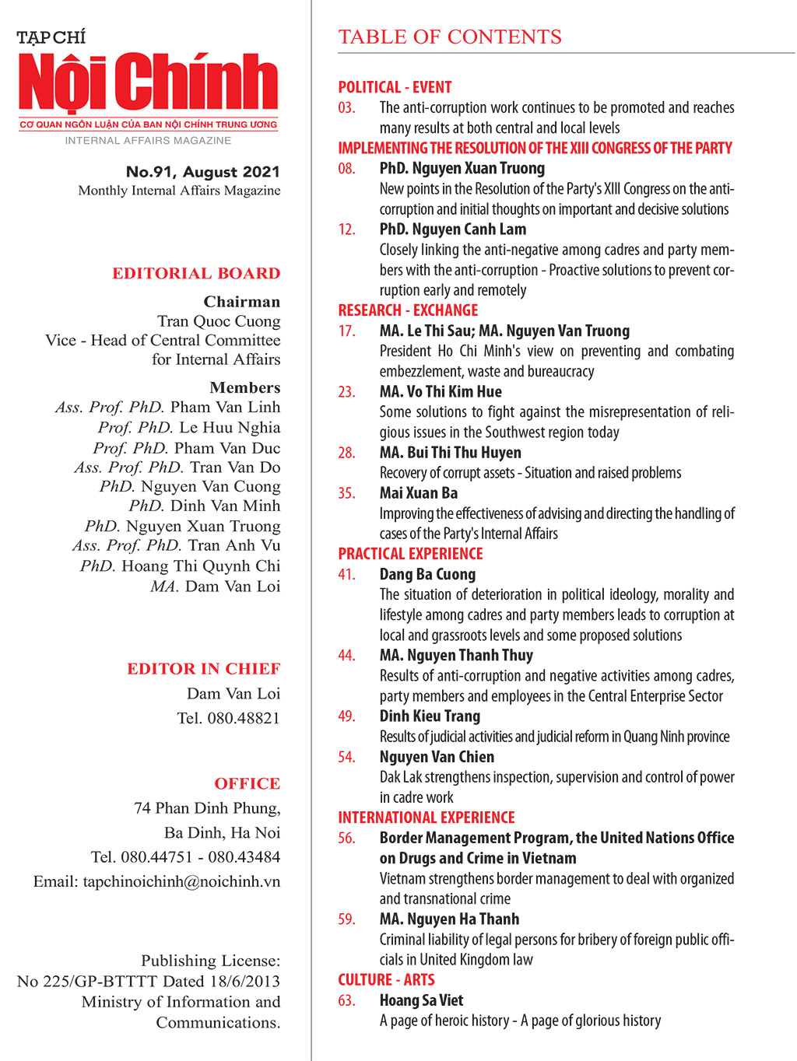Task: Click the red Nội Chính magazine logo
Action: click(x=148, y=82)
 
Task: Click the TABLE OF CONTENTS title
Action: click(x=450, y=37)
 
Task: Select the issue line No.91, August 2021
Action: click(x=202, y=172)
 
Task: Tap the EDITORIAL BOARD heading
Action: click(x=196, y=273)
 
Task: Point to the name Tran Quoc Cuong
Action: click(x=219, y=321)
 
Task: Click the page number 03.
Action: click(x=346, y=107)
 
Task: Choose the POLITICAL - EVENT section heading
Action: click(x=395, y=87)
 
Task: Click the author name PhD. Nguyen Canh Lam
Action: click(x=452, y=229)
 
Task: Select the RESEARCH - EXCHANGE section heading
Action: click(x=408, y=310)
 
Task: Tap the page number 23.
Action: click(x=346, y=392)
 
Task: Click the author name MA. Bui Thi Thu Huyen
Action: click(x=450, y=453)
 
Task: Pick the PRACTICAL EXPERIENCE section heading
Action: click(x=410, y=554)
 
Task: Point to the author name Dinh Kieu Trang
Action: click(x=430, y=716)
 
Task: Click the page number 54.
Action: click(x=346, y=757)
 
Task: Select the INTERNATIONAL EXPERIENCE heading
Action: click(x=426, y=818)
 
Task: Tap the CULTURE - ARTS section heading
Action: click(x=386, y=980)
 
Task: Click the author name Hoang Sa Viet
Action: click(x=421, y=1000)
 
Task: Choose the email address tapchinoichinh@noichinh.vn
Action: click(x=181, y=881)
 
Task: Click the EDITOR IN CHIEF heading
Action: click(x=203, y=669)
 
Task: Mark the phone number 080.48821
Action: click(x=243, y=718)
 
